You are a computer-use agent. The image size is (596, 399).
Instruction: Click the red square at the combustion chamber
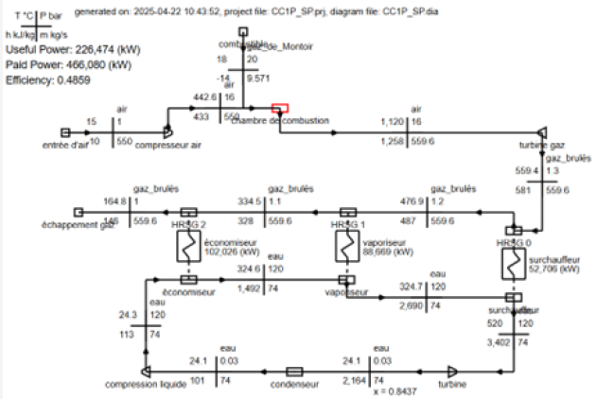click(x=279, y=111)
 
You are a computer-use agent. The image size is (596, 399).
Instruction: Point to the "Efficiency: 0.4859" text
click(x=45, y=81)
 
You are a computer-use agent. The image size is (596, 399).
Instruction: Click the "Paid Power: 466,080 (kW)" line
click(x=68, y=66)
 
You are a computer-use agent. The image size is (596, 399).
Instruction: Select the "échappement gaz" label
click(x=105, y=226)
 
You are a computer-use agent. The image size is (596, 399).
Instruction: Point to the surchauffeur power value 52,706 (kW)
click(x=555, y=269)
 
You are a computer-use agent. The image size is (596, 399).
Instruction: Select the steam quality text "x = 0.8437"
click(x=394, y=391)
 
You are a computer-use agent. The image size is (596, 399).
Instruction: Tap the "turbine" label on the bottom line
click(x=451, y=386)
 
